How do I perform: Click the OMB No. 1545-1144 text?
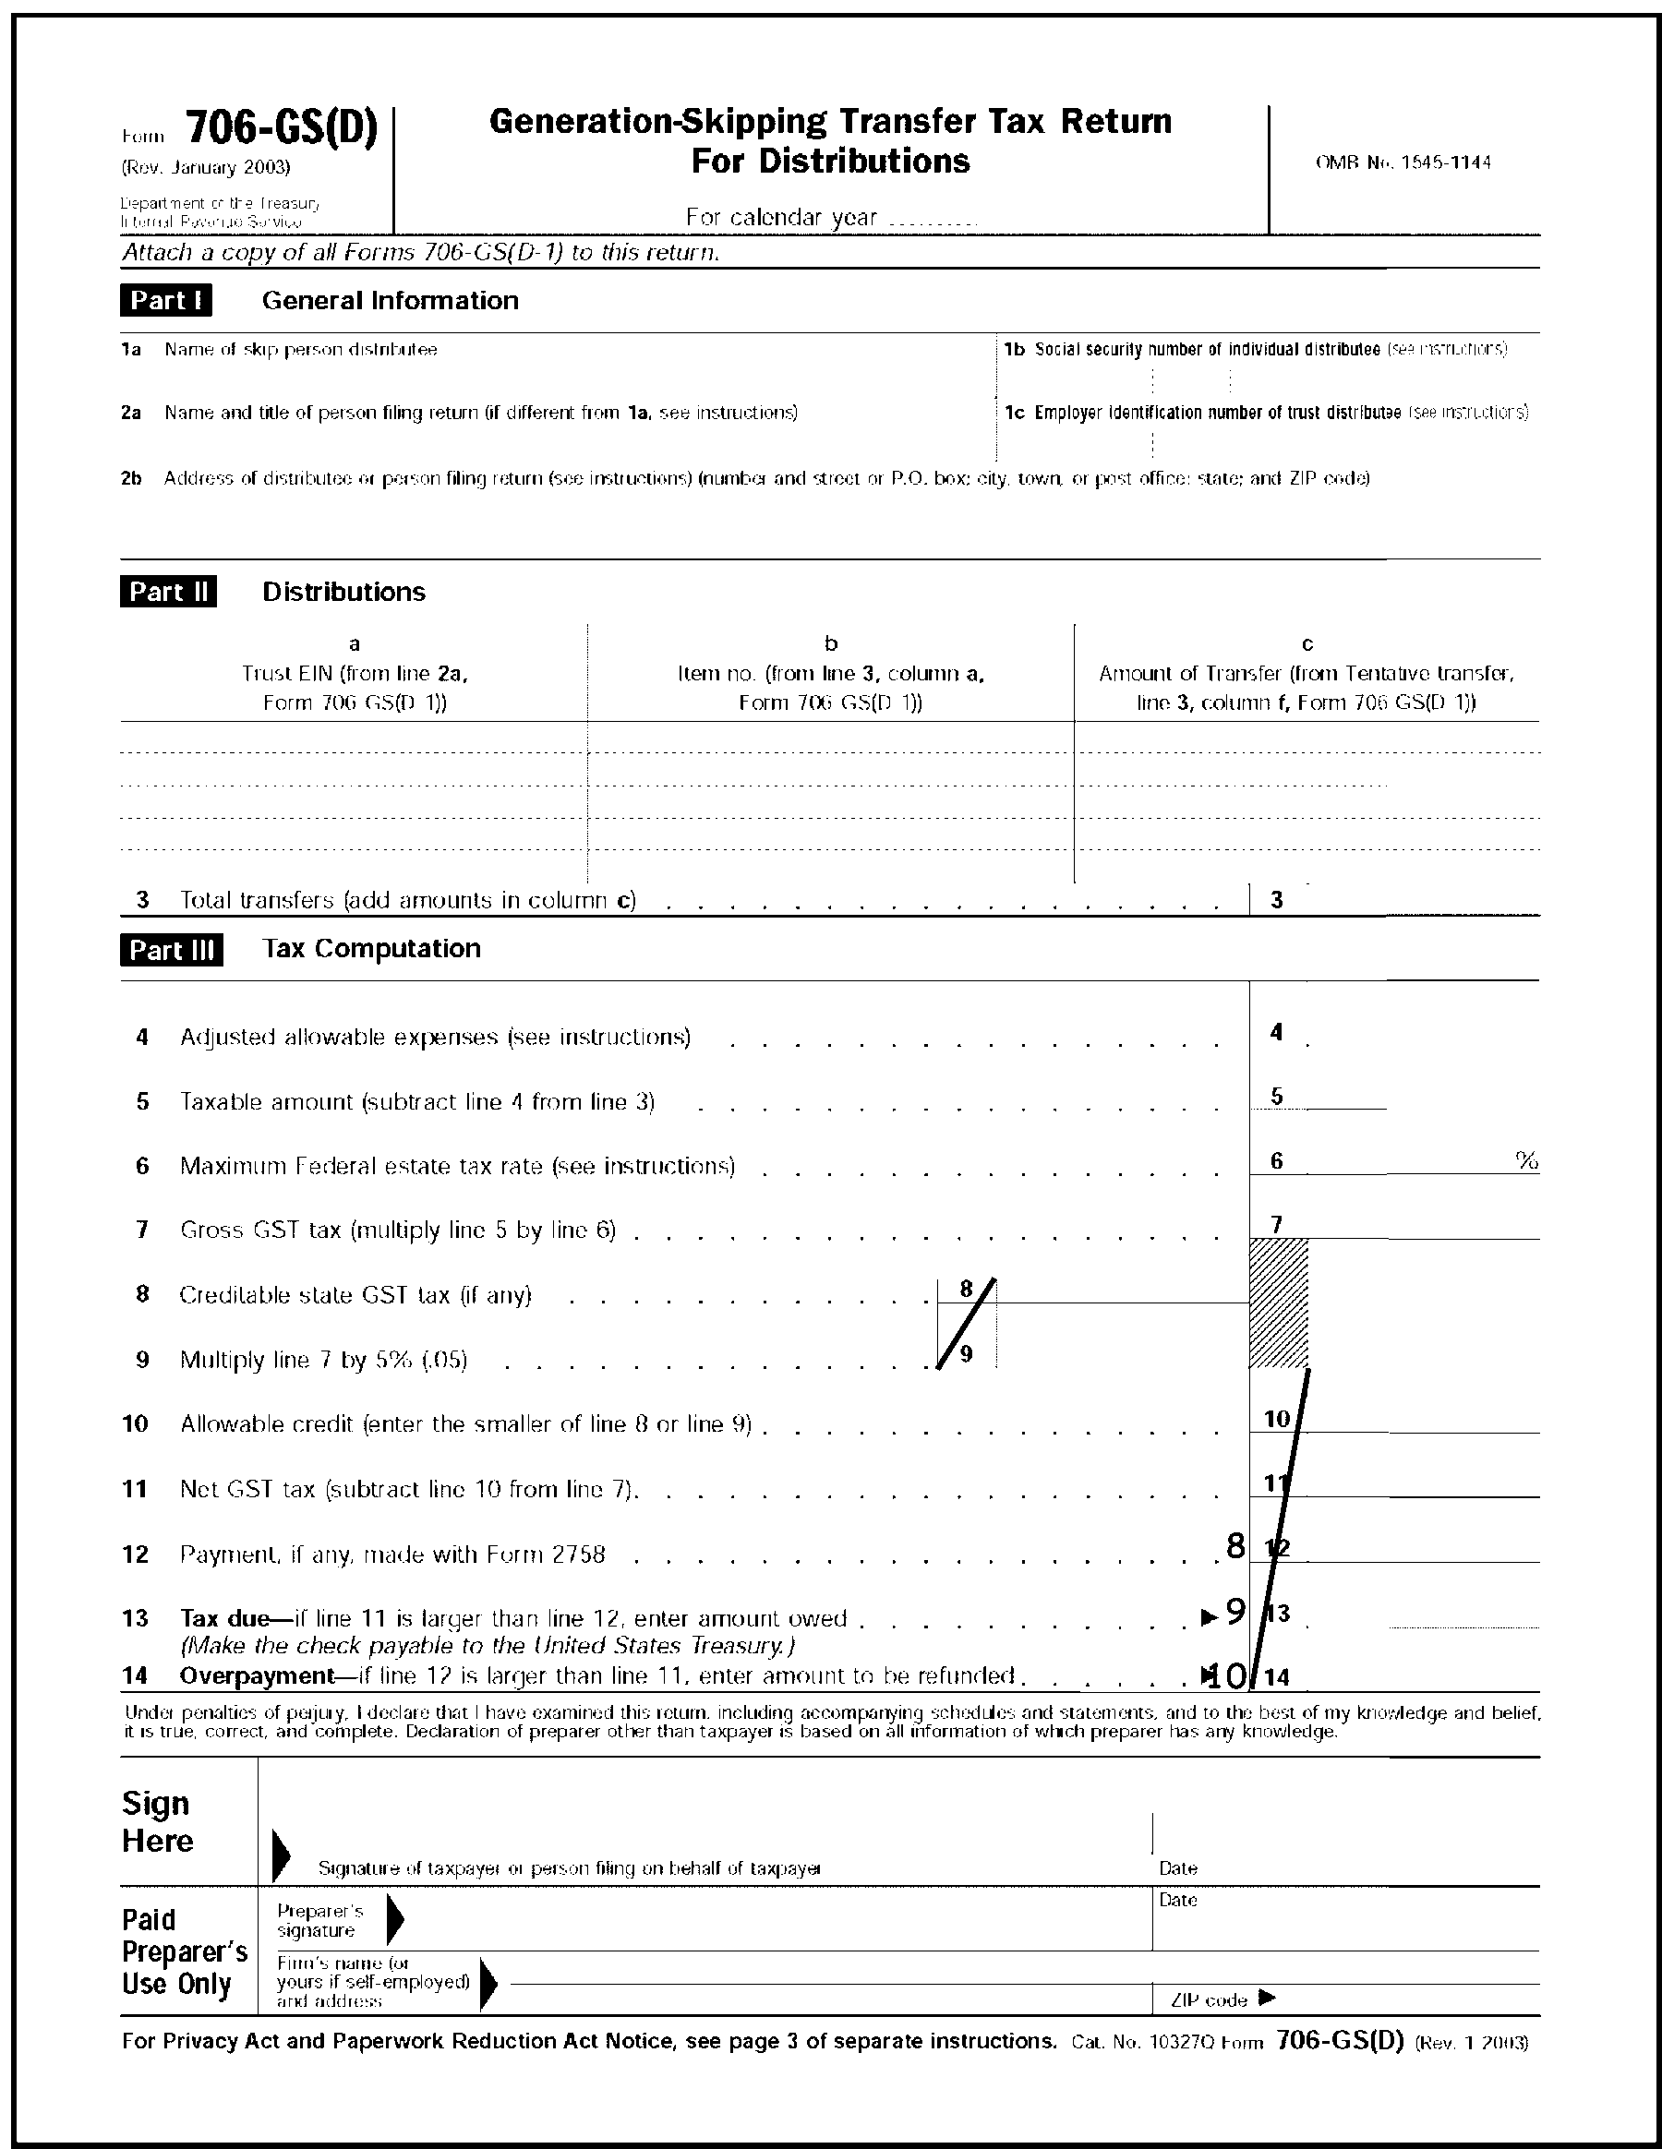1403,162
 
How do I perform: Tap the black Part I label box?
165,300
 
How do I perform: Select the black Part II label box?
168,592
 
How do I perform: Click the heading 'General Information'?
390,300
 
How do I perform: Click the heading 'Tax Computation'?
371,949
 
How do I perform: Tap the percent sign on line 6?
1526,1161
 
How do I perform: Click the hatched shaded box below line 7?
1278,1303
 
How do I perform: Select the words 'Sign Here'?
156,1822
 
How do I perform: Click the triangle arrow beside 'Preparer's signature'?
394,1920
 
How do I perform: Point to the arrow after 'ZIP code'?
1268,1998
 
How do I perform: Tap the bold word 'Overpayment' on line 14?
257,1675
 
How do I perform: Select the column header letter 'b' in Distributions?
830,643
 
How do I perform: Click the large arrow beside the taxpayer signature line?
281,1855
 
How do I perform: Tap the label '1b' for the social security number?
1015,349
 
